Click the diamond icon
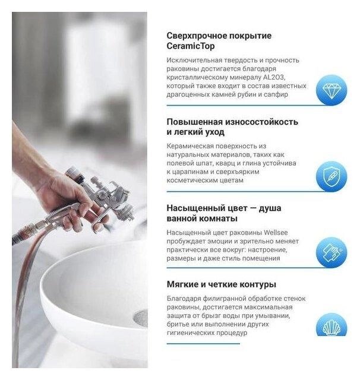[331, 90]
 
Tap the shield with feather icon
[331, 176]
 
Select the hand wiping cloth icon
[331, 252]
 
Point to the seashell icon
[331, 325]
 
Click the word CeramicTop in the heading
[191, 46]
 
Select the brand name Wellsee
[276, 233]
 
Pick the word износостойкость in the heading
[261, 122]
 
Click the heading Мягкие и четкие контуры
[222, 284]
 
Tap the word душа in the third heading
[270, 208]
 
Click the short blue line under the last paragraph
[203, 343]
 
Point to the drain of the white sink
[141, 318]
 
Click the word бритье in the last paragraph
[177, 324]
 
